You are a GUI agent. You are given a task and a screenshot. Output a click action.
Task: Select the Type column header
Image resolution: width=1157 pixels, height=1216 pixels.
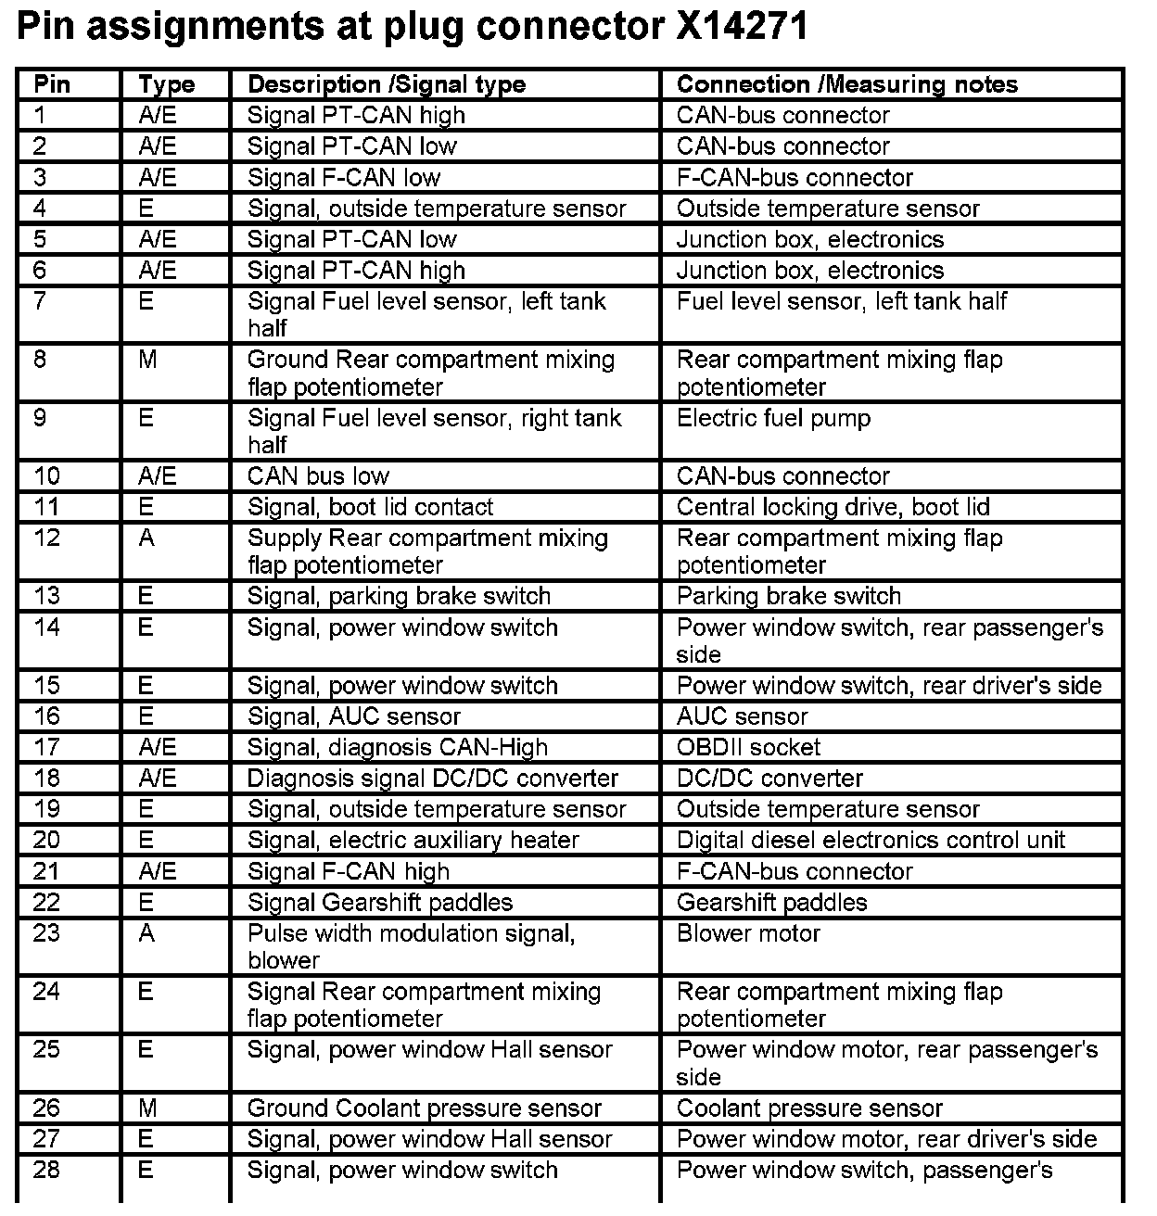(166, 84)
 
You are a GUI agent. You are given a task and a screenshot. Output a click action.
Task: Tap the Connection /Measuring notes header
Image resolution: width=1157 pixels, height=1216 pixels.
(846, 84)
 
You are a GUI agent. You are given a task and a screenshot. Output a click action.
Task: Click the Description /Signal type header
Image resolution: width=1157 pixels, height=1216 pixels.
(386, 84)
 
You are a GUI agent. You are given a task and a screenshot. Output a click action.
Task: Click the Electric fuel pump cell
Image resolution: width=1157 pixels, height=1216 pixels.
(773, 418)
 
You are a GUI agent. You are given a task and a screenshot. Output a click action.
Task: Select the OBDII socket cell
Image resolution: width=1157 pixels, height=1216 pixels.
(748, 747)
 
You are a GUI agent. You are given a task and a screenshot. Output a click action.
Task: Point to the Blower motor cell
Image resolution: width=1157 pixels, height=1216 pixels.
(748, 933)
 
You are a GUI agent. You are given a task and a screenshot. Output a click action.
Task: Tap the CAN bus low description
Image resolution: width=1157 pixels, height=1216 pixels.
(318, 476)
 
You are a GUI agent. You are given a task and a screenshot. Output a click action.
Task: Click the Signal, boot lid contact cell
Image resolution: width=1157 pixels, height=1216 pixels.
(370, 507)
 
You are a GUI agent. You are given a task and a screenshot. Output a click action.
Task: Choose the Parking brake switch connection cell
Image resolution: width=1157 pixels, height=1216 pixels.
(788, 596)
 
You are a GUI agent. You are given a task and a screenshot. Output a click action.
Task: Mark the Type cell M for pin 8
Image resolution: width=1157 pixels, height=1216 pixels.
(147, 360)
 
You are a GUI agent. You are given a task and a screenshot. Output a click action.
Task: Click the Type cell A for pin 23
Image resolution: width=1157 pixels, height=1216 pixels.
(146, 933)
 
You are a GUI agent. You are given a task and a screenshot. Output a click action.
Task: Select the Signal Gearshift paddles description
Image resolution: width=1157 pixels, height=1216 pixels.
(379, 903)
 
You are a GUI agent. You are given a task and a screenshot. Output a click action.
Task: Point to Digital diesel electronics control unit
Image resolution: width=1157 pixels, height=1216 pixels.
(871, 841)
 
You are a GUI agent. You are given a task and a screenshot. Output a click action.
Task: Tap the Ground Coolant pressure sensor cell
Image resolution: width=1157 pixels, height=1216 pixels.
(424, 1108)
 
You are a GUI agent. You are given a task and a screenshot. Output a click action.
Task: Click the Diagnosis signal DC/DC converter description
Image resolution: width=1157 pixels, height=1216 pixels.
(432, 779)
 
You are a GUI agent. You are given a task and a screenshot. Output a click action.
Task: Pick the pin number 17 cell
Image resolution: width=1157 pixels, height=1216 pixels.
(46, 747)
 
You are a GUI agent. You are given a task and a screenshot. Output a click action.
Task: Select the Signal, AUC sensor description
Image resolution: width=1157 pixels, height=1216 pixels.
(353, 716)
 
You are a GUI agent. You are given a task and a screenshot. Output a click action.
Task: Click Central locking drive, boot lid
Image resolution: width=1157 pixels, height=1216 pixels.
(833, 507)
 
